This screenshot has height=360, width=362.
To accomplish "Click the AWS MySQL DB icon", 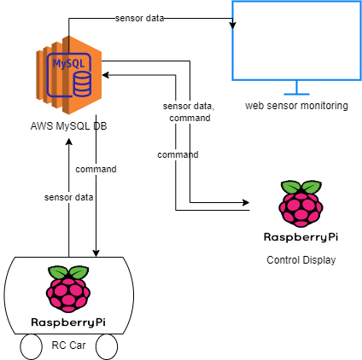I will [x=69, y=75].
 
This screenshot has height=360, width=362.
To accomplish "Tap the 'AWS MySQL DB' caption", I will [x=68, y=127].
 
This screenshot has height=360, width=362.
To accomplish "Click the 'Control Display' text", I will [x=301, y=260].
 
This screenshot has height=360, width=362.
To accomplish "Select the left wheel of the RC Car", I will [x=32, y=346].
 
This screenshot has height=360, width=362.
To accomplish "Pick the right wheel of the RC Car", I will [x=107, y=346].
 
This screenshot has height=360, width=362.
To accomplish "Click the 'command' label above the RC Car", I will [x=96, y=169].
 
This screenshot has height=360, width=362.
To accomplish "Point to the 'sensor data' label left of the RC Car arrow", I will [x=68, y=197].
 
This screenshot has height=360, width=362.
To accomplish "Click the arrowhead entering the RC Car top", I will [x=96, y=254].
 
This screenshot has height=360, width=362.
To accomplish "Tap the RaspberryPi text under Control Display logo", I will [x=301, y=236].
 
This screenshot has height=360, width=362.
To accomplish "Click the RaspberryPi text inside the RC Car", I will [x=68, y=322].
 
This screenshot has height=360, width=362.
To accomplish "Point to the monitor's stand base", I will [x=296, y=93].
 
